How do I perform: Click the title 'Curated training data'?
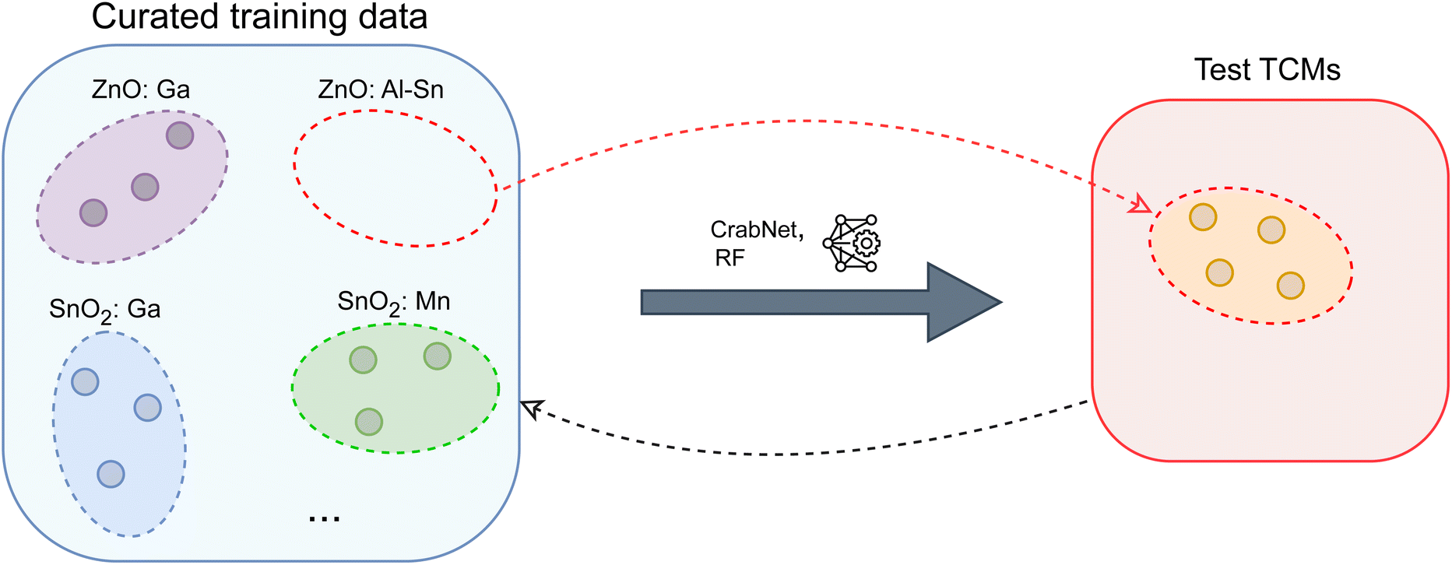click(x=259, y=16)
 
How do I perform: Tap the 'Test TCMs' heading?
click(x=1267, y=70)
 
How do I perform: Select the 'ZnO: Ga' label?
click(x=141, y=89)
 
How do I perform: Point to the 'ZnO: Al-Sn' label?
click(x=381, y=89)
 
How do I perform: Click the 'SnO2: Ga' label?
click(x=105, y=311)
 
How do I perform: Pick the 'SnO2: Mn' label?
click(x=394, y=303)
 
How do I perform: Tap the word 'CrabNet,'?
click(x=757, y=230)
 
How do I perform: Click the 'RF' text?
click(x=730, y=258)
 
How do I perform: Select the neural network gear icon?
click(x=851, y=244)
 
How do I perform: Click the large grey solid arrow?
click(x=821, y=302)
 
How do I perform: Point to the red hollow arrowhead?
click(x=1141, y=204)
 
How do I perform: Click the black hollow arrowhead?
click(x=531, y=408)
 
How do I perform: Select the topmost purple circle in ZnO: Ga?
click(x=180, y=135)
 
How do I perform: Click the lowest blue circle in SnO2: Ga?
click(x=111, y=474)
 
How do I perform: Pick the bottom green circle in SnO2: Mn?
click(x=369, y=422)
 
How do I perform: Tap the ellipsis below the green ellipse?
click(x=324, y=518)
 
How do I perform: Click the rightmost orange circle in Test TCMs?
click(x=1291, y=286)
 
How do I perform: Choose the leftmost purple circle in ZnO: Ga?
click(x=93, y=212)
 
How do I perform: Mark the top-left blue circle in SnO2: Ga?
click(x=85, y=382)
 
